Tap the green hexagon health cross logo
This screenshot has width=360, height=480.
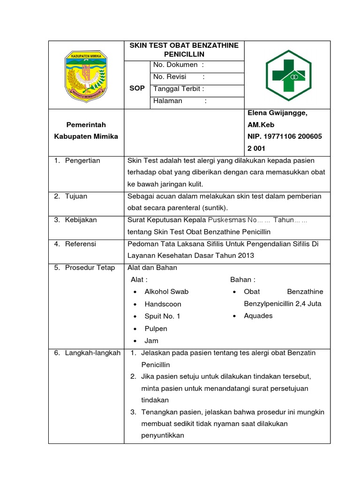[287, 75]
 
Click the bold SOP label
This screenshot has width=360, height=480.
[137, 89]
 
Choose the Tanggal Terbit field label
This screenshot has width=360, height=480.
[179, 89]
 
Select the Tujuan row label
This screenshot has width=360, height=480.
[76, 196]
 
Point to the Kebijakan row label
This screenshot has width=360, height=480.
[81, 219]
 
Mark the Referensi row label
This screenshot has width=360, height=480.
[81, 244]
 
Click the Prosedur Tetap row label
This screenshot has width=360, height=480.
[90, 268]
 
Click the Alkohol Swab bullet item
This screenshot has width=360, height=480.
[166, 292]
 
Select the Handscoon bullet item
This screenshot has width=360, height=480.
[163, 304]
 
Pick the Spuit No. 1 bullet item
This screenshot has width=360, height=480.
[162, 316]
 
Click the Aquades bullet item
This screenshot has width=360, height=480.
[258, 316]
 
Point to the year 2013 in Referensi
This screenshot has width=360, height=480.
[245, 255]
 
